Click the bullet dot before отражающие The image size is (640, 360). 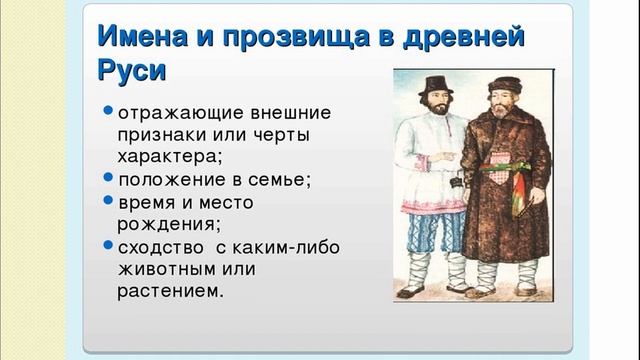pos(108,110)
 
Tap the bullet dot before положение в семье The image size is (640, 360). pos(108,179)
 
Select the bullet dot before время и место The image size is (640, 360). pos(108,201)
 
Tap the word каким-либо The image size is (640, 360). pos(284,246)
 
